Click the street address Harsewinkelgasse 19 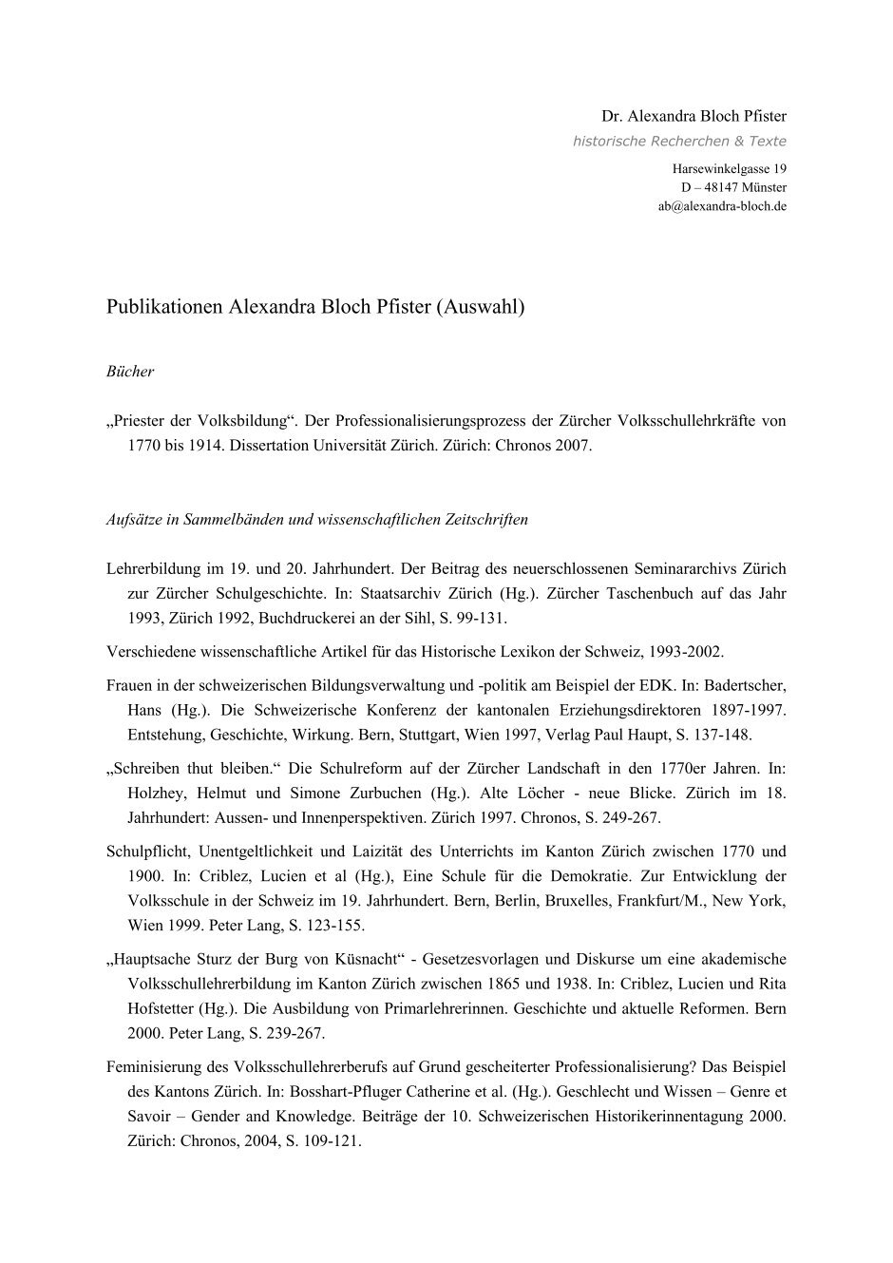[729, 169]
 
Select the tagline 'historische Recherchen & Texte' [679, 142]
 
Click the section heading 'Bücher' [130, 372]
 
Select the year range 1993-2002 [687, 652]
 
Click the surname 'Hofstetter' [159, 1008]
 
